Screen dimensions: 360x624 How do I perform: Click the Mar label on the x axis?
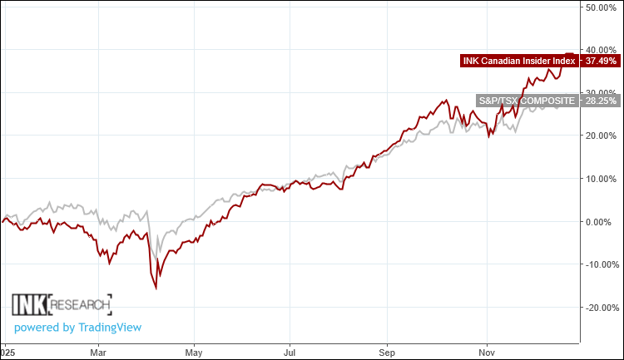pos(98,352)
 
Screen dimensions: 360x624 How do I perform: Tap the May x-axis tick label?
pos(194,352)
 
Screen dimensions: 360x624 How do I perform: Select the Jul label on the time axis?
pos(289,352)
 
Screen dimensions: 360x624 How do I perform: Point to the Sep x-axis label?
pos(385,352)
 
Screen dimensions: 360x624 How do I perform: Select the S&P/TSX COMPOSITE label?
pos(527,101)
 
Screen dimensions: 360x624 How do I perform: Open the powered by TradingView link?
pos(78,327)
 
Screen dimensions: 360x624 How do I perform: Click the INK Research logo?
pos(62,303)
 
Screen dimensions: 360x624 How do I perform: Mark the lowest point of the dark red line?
pos(156,288)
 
